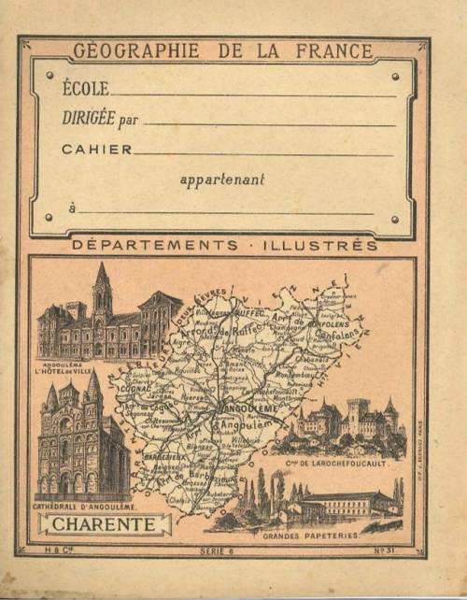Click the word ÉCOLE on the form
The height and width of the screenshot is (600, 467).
pos(85,90)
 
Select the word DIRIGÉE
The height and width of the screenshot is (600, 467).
pos(88,119)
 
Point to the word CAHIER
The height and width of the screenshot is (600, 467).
pos(92,149)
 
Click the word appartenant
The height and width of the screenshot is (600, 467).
pos(222,179)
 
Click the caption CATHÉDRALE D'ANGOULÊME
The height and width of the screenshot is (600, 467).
pos(84,507)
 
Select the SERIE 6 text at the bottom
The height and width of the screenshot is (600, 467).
pos(214,552)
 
